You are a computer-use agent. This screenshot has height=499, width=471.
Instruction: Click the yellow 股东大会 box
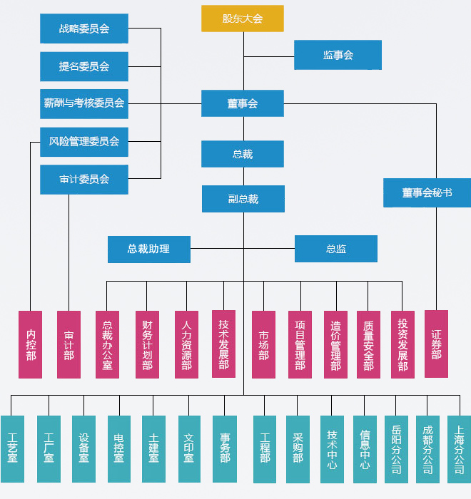coord(242,19)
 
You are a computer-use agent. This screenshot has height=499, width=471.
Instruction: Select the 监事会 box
coord(338,55)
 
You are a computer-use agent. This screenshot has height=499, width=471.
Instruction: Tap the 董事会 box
coord(242,103)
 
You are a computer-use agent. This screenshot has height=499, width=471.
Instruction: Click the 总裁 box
coord(242,154)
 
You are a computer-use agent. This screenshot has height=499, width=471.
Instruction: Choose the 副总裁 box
coord(243,199)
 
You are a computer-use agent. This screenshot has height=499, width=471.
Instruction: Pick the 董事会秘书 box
coord(427,192)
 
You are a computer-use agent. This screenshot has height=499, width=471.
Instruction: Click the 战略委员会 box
coord(84,29)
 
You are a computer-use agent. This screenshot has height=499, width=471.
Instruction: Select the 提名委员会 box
coord(84,66)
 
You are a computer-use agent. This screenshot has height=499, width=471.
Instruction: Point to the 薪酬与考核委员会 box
coord(84,103)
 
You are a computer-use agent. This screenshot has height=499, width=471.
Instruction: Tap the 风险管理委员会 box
coord(84,141)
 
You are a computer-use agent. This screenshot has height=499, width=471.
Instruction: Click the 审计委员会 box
coord(84,180)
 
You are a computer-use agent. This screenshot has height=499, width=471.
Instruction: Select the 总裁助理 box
coord(148,249)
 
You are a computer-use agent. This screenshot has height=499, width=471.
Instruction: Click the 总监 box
coord(335,249)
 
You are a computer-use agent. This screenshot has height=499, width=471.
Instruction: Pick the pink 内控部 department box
coord(30,344)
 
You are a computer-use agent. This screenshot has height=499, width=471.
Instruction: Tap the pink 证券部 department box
coord(436,344)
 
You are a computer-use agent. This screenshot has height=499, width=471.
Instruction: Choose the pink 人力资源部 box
coord(186,344)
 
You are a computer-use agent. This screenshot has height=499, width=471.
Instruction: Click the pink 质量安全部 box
coord(368,344)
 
